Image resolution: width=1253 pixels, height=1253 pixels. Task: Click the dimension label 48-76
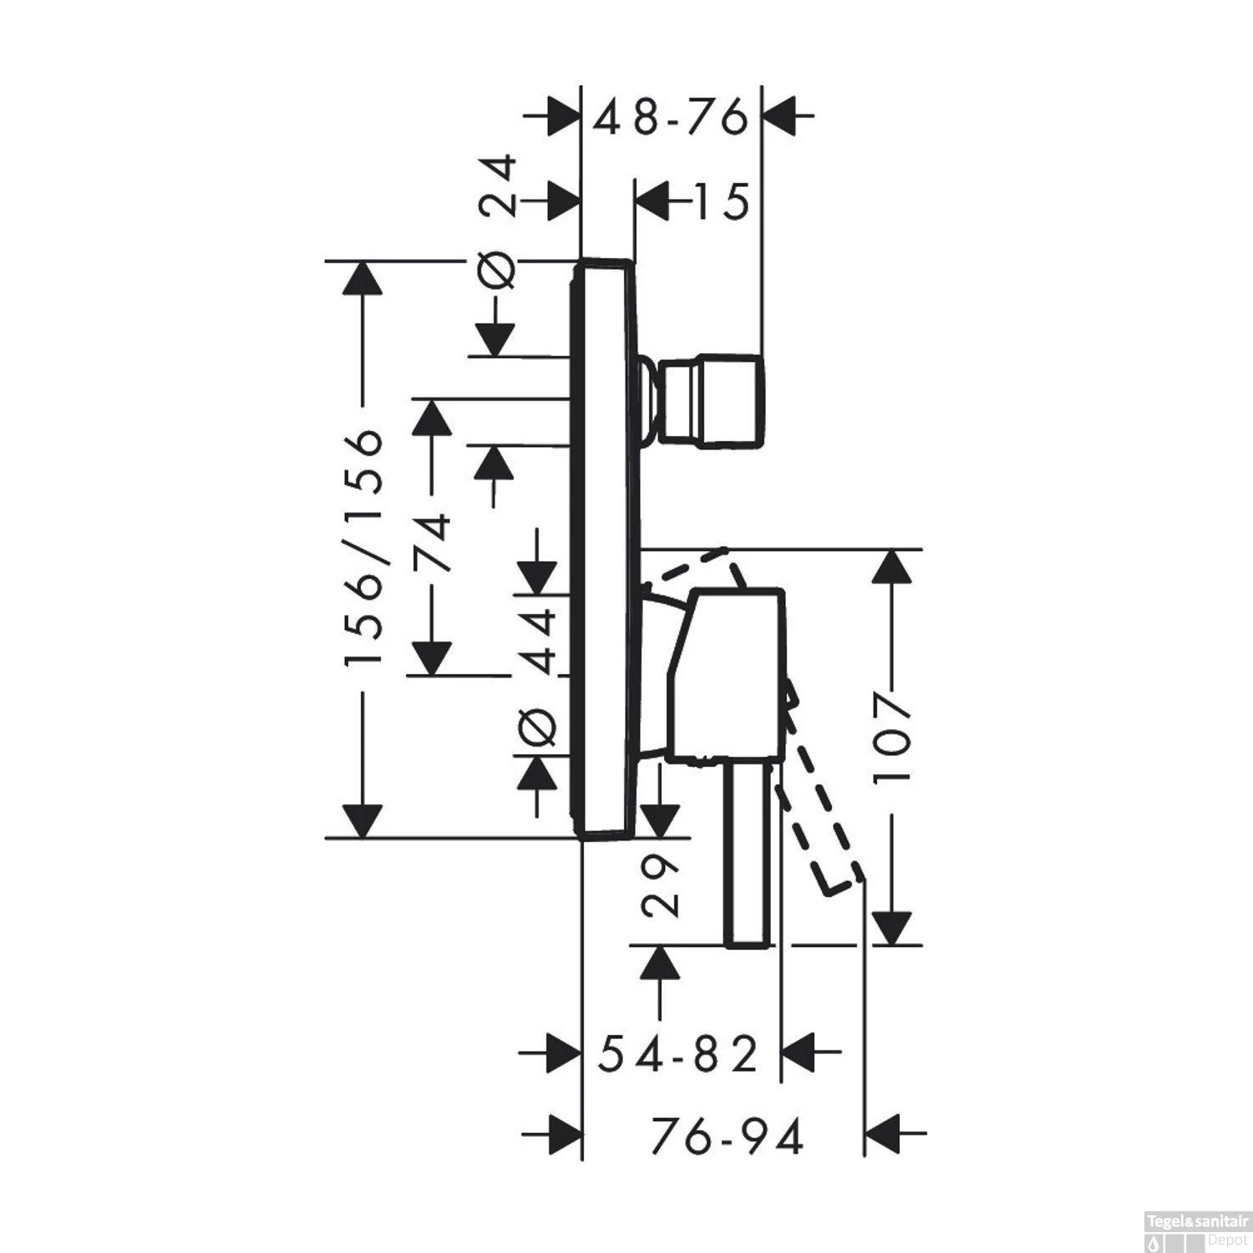click(x=670, y=118)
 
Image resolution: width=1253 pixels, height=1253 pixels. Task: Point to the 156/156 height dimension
click(x=364, y=548)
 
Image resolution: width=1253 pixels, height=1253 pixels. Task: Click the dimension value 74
click(x=434, y=543)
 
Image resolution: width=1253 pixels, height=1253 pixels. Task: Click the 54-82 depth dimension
click(x=678, y=1054)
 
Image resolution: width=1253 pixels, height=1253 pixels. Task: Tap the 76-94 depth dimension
click(x=727, y=1136)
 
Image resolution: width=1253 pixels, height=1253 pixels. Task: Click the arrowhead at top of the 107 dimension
click(x=891, y=568)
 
